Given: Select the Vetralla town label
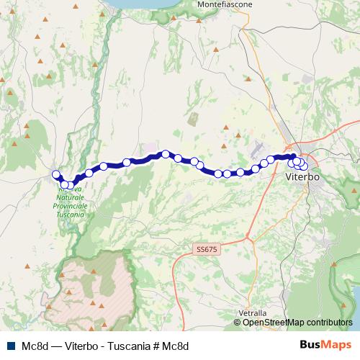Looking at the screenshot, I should click(252, 313).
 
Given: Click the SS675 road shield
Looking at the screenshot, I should click(205, 249).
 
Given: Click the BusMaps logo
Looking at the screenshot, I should click(326, 345).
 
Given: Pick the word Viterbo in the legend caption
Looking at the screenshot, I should click(81, 346).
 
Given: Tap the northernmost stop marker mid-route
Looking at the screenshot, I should click(166, 153).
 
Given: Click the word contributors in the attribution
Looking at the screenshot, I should click(328, 323).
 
